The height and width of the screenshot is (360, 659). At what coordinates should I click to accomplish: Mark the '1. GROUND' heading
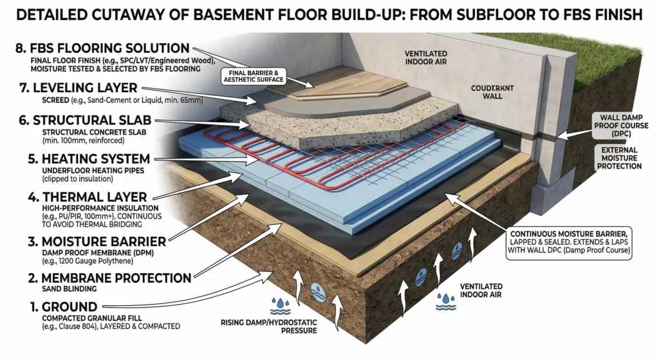[x=48, y=307]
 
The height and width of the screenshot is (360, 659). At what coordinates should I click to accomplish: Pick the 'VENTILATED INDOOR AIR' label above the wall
[x=433, y=57]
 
